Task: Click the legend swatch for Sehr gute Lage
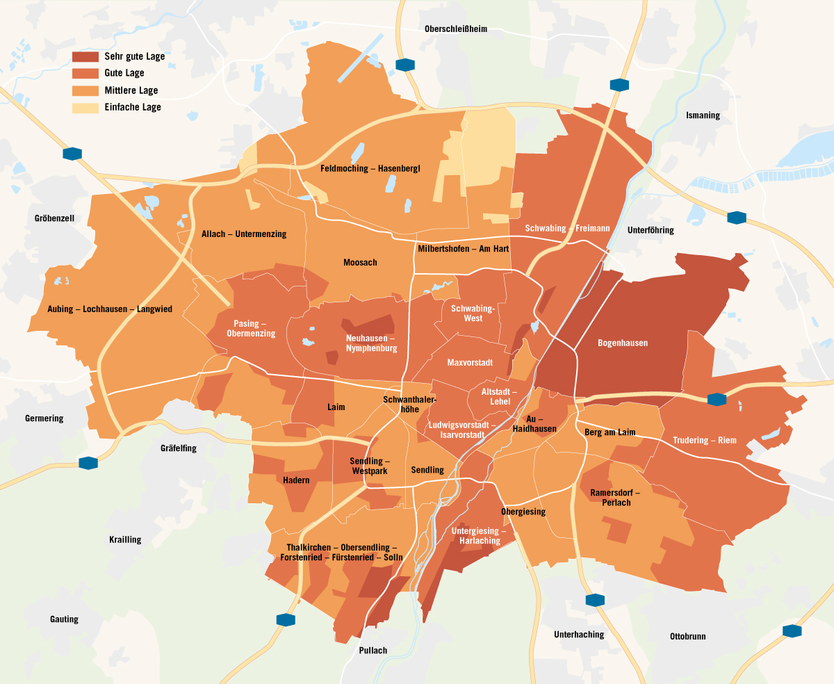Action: [86, 56]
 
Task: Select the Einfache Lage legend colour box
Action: [86, 108]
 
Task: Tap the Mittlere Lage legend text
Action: [131, 90]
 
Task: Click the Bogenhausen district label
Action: [622, 343]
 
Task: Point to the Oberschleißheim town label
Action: [456, 29]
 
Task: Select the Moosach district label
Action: [360, 262]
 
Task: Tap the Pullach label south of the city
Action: [373, 651]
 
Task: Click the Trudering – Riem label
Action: [704, 440]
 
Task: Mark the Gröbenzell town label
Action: [54, 218]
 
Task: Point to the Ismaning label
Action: [703, 115]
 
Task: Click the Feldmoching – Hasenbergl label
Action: [370, 168]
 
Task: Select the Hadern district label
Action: [296, 480]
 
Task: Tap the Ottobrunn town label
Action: [687, 636]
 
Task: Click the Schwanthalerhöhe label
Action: [409, 405]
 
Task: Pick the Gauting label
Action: [64, 619]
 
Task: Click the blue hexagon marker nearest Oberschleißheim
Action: [404, 65]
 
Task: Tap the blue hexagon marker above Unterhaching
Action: [595, 599]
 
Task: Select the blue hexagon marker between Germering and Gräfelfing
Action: [88, 463]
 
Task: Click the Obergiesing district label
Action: [523, 512]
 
